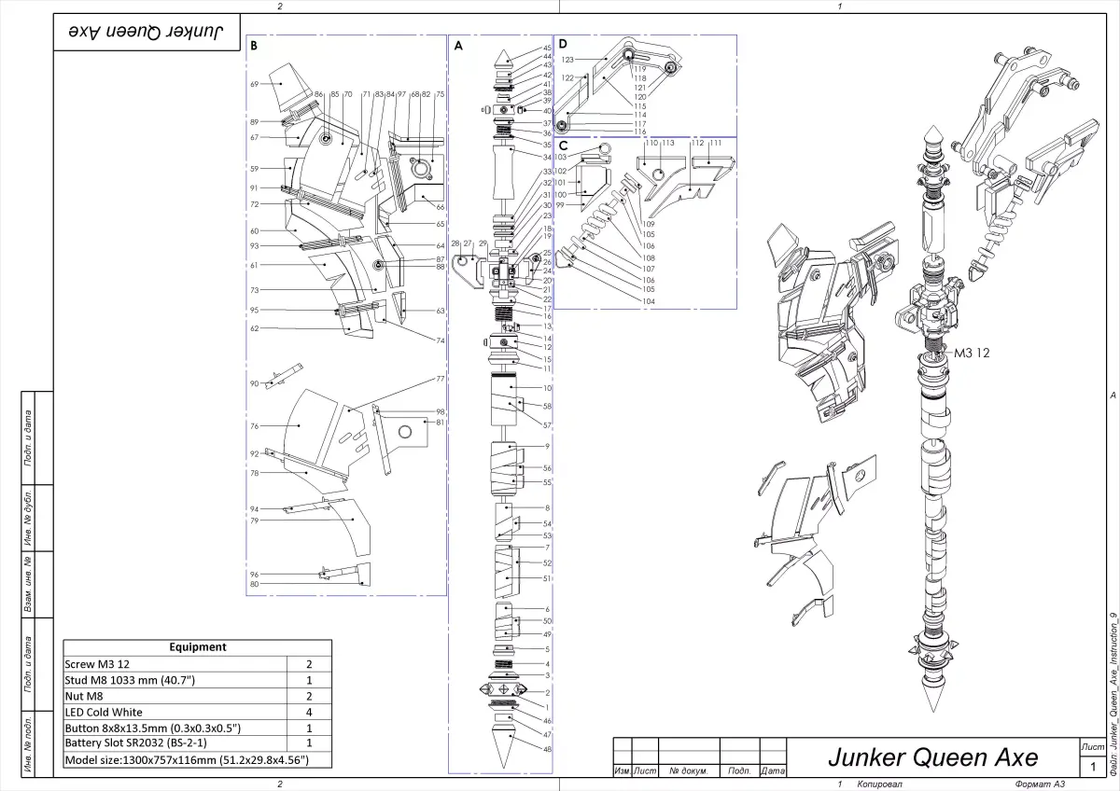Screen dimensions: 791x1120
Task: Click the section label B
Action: [x=254, y=44]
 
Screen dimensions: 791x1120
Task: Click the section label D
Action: [x=562, y=43]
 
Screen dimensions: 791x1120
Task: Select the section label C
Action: [x=562, y=146]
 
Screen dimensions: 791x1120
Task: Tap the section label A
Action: [x=457, y=44]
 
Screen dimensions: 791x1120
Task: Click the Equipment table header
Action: [x=198, y=646]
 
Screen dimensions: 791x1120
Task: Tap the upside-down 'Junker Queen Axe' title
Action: [x=148, y=32]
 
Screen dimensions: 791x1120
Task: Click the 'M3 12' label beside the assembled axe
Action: [x=971, y=354]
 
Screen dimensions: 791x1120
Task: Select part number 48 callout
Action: [x=548, y=749]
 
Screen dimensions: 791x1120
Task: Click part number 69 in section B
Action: [x=254, y=85]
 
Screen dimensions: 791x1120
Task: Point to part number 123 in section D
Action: [x=567, y=58]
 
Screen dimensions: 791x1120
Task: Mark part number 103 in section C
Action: [x=561, y=158]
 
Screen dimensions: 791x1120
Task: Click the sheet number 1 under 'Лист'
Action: [x=1092, y=767]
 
